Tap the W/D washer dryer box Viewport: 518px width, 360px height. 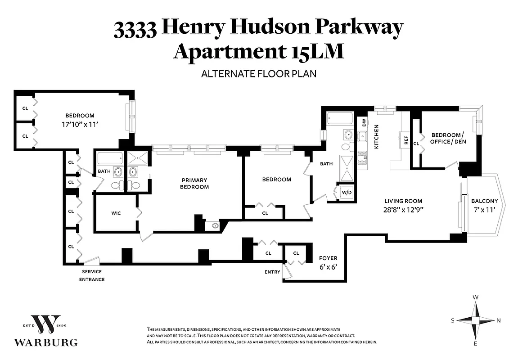click(347, 192)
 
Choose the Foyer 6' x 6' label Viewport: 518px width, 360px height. click(328, 262)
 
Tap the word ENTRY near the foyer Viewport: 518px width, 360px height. click(272, 272)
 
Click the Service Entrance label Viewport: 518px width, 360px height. click(92, 275)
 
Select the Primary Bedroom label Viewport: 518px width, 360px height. click(194, 183)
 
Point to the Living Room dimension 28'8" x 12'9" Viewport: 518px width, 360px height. click(403, 209)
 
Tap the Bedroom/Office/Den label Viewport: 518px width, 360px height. click(449, 138)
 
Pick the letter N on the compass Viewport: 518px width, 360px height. click(498, 320)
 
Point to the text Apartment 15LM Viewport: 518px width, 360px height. click(259, 51)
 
